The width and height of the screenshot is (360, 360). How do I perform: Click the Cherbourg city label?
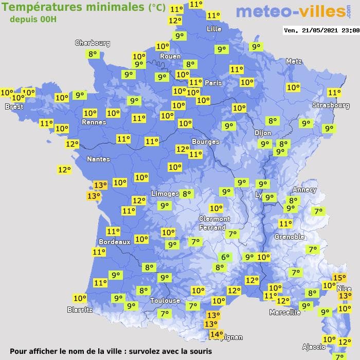coord(93,43)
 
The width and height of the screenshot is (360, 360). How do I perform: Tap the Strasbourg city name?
coord(331,105)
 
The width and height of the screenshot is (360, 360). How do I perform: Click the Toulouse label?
coord(165,300)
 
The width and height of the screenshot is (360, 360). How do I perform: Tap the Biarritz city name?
coord(80,310)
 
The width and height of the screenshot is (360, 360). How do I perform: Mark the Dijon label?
coord(262,132)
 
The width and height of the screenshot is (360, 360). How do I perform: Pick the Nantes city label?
coord(98,159)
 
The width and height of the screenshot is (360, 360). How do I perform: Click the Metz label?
coord(294,61)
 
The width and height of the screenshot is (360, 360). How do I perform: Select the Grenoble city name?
coord(290,237)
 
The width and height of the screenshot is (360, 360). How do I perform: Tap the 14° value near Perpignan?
coord(217,335)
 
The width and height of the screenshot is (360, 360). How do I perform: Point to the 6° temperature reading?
coord(225,257)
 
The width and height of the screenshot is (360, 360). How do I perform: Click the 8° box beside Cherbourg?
coord(93,54)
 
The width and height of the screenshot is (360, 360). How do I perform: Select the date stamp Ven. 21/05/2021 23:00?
coord(321,30)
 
